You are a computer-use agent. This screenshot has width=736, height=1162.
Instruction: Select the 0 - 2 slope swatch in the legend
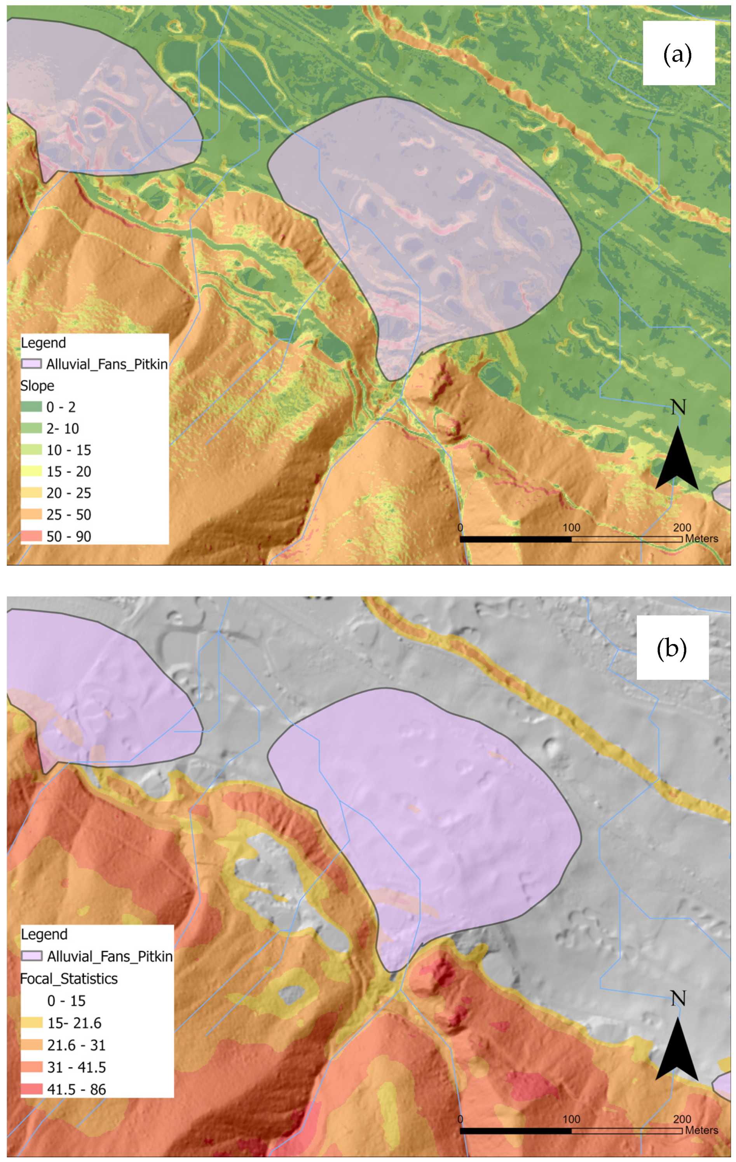click(31, 407)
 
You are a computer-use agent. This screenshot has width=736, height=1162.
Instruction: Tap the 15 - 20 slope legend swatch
click(31, 471)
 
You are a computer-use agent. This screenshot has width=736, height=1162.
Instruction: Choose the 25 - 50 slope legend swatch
click(31, 514)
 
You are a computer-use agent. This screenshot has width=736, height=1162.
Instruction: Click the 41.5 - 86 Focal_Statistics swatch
click(32, 1089)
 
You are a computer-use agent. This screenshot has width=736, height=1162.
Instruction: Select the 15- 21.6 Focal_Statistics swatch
click(32, 1022)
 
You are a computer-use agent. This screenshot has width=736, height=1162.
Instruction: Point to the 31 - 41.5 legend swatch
click(32, 1067)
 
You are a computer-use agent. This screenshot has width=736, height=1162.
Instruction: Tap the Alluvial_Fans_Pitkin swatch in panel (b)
click(32, 956)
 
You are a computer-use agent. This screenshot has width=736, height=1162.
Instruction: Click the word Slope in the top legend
click(37, 385)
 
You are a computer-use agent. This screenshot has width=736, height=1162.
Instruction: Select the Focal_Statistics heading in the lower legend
click(69, 978)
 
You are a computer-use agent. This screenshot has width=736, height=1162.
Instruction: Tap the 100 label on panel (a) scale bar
click(571, 527)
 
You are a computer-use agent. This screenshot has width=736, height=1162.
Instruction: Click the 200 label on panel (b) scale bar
click(682, 1119)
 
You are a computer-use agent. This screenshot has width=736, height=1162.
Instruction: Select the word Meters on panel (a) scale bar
click(701, 539)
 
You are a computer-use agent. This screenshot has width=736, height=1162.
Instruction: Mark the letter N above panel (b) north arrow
click(678, 998)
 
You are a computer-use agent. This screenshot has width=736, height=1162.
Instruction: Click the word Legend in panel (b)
click(44, 934)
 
